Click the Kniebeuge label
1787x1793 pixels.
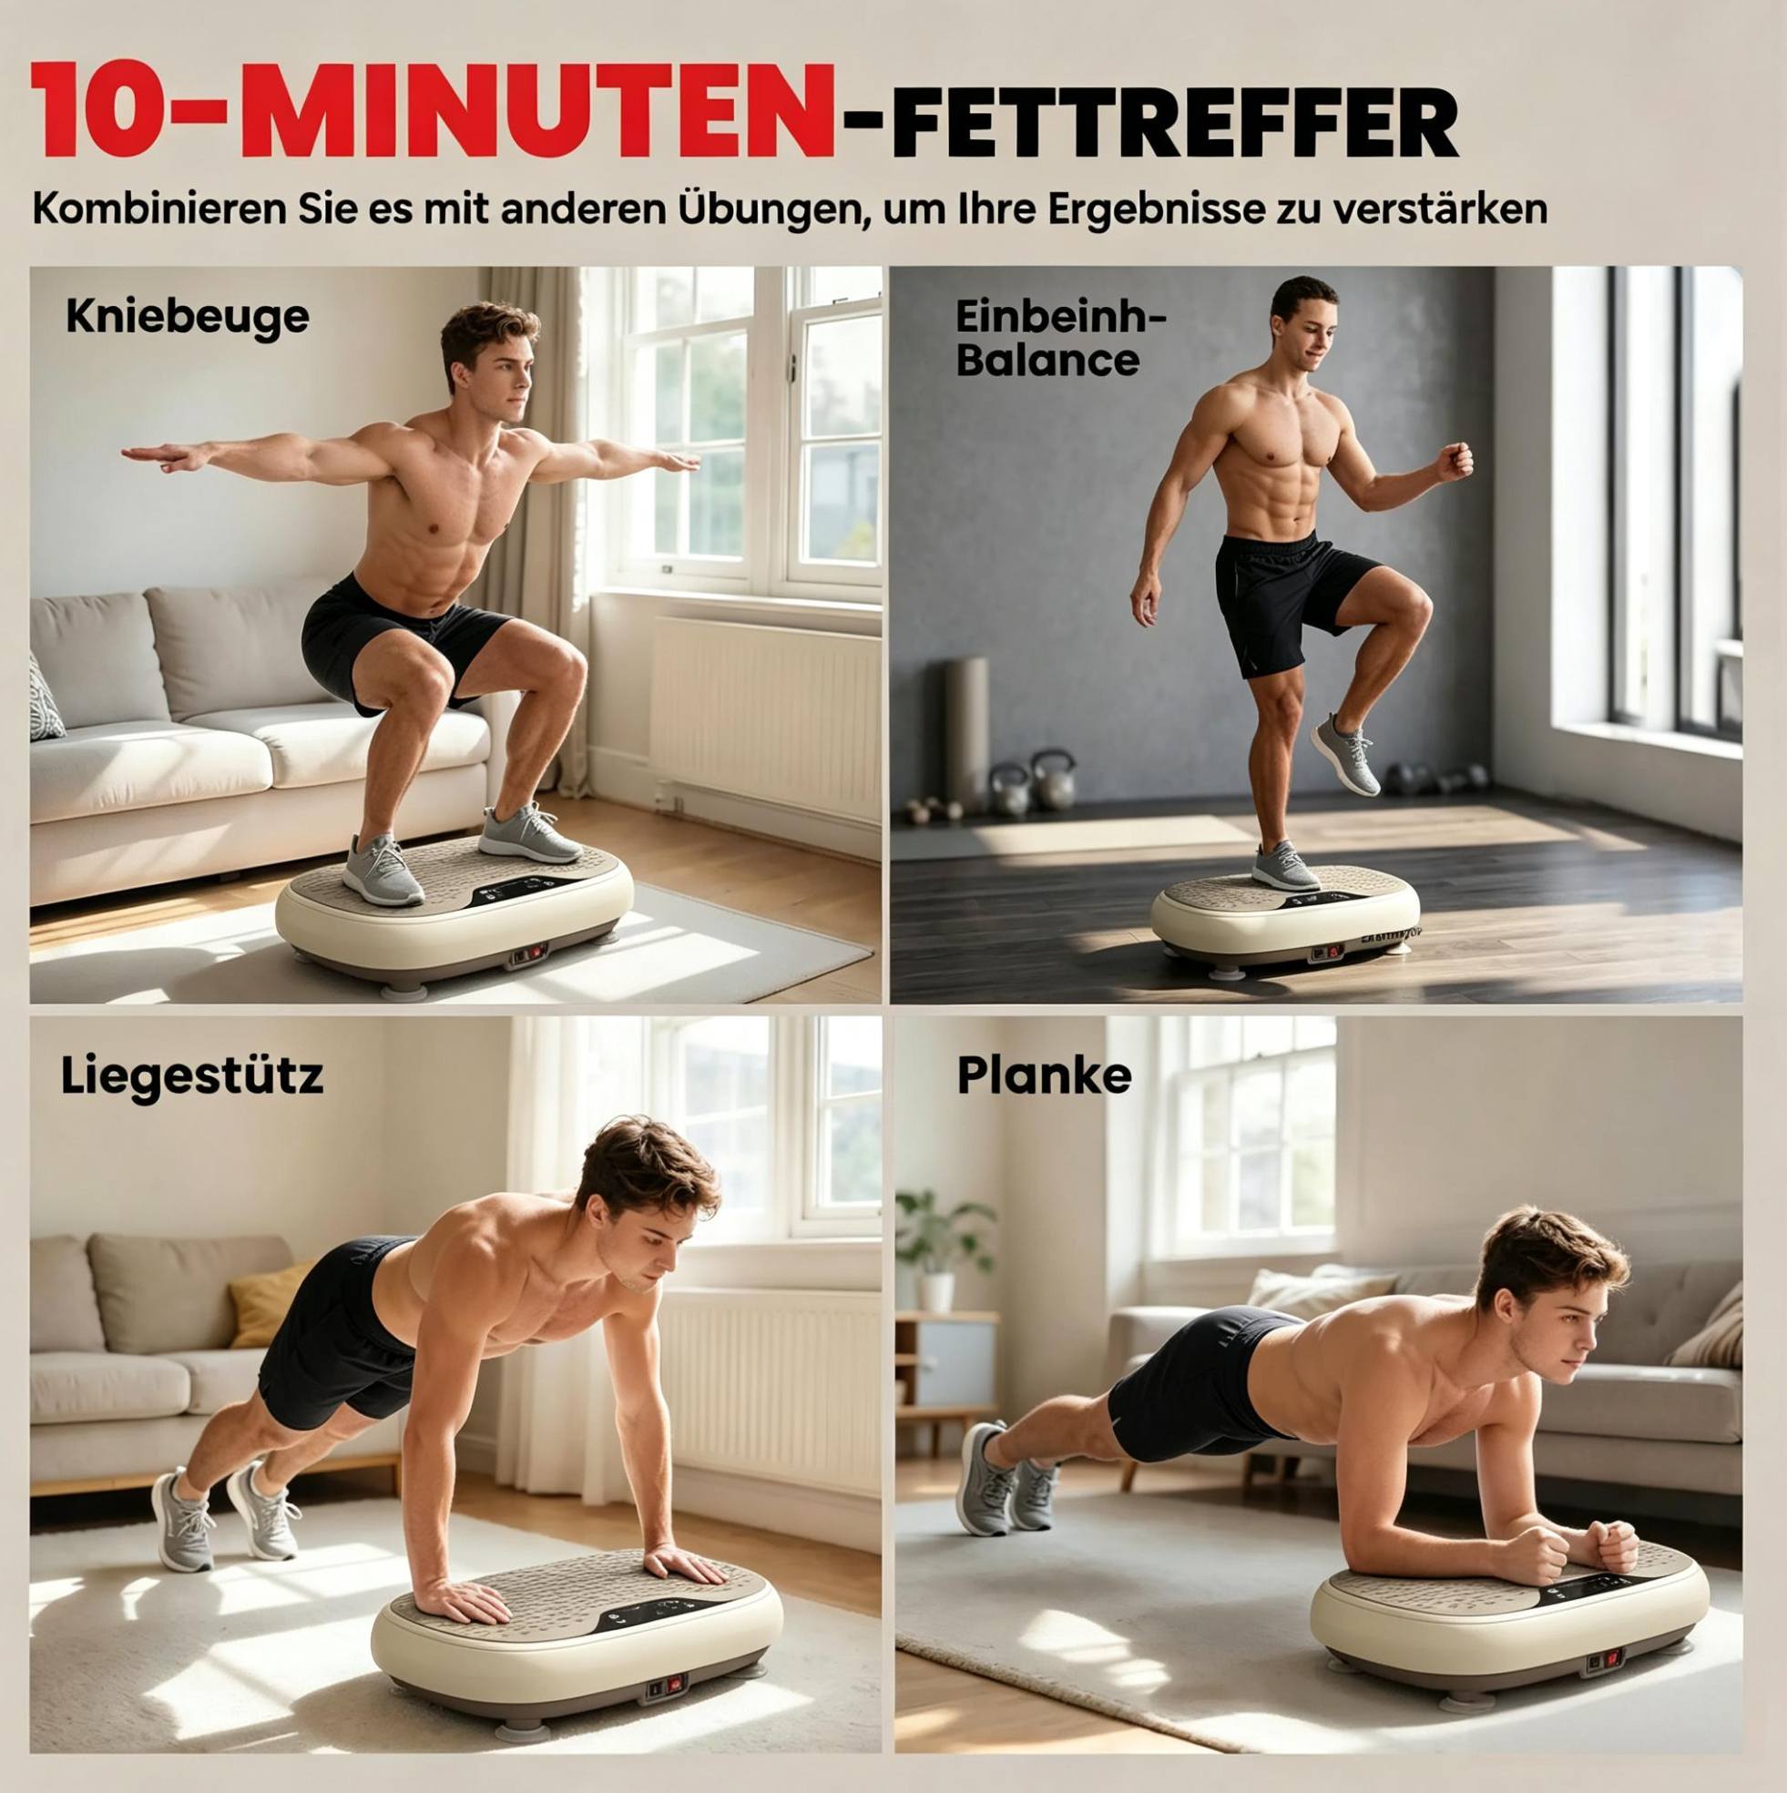point(187,319)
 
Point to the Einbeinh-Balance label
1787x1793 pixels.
point(1061,339)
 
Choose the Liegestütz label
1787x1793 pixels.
point(192,1076)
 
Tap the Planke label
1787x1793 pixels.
point(1044,1075)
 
